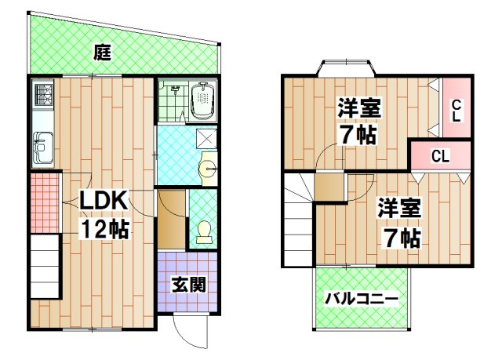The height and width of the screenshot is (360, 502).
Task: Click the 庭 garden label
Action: click(x=101, y=53)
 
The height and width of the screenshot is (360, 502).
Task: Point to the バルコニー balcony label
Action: click(x=361, y=298)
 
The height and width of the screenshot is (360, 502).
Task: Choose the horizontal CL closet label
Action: click(x=440, y=156)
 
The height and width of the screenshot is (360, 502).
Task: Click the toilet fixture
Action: click(x=203, y=232)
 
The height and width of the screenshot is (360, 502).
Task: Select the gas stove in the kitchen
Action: click(x=42, y=97)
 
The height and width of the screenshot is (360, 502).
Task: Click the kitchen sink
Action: click(x=42, y=147)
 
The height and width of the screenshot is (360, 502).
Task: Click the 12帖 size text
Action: click(x=104, y=231)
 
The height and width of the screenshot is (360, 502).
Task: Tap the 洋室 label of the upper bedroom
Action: click(x=360, y=107)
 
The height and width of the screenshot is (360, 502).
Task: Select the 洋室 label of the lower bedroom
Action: click(x=399, y=208)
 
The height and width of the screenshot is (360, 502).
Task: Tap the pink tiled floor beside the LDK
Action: click(x=45, y=202)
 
